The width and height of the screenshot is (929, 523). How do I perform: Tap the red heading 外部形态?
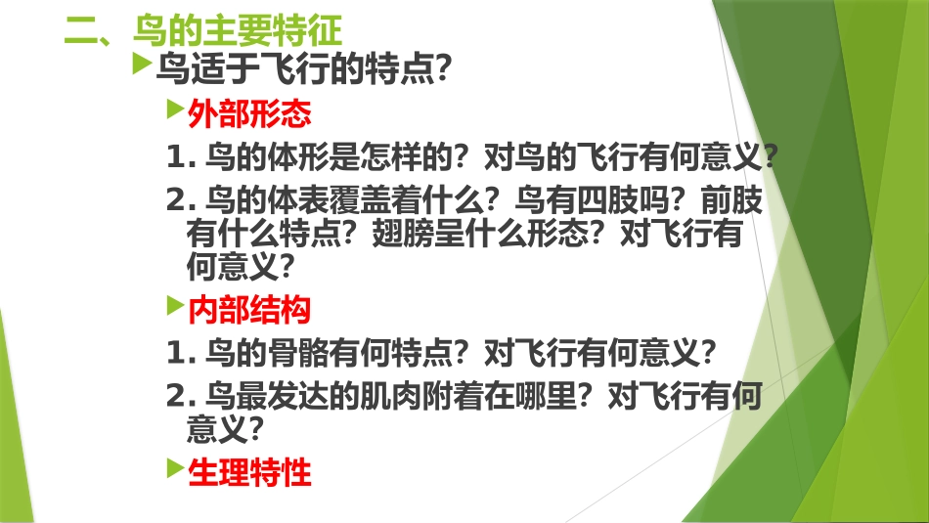click(249, 114)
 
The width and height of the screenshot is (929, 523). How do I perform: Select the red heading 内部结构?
click(249, 310)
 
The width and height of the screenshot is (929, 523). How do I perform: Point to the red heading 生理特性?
click(249, 473)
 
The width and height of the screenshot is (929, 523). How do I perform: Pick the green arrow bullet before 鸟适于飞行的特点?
click(142, 66)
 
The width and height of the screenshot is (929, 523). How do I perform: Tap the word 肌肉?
click(411, 394)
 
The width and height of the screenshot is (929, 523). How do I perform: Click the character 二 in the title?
click(80, 30)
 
